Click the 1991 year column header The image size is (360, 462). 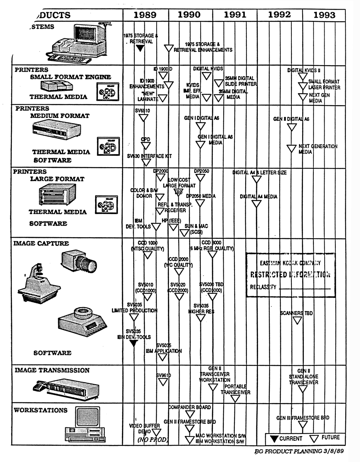point(235,15)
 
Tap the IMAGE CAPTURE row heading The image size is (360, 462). point(41,243)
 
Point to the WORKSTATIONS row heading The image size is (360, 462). point(40,410)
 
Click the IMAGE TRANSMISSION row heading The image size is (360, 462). point(52,370)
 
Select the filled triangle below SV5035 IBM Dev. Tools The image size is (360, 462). point(133,343)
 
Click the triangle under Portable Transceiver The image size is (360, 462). point(235,399)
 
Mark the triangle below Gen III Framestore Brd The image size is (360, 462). point(303,425)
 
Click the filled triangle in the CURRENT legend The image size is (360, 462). point(274,438)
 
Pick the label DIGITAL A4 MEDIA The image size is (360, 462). point(258,197)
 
